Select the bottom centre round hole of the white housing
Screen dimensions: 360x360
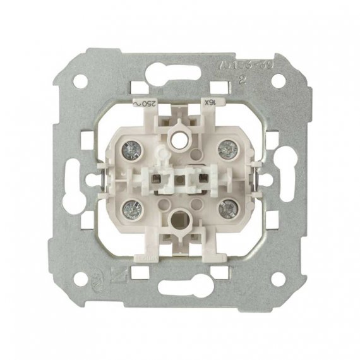point(180,222)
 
